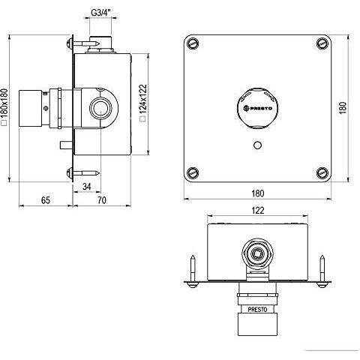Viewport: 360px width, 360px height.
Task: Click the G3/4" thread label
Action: click(100, 13)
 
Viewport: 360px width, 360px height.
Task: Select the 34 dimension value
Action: click(87, 187)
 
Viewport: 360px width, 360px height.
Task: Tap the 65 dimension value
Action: click(46, 200)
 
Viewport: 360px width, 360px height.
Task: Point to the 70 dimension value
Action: click(102, 200)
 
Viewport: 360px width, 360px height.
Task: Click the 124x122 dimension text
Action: click(143, 103)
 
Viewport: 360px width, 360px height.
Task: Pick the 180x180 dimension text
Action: click(4, 106)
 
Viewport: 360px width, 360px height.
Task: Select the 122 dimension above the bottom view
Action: click(258, 211)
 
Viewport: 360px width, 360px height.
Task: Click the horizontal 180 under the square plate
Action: click(257, 193)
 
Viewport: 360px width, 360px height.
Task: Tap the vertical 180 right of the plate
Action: click(343, 108)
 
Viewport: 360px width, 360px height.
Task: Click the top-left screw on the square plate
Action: click(193, 44)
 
